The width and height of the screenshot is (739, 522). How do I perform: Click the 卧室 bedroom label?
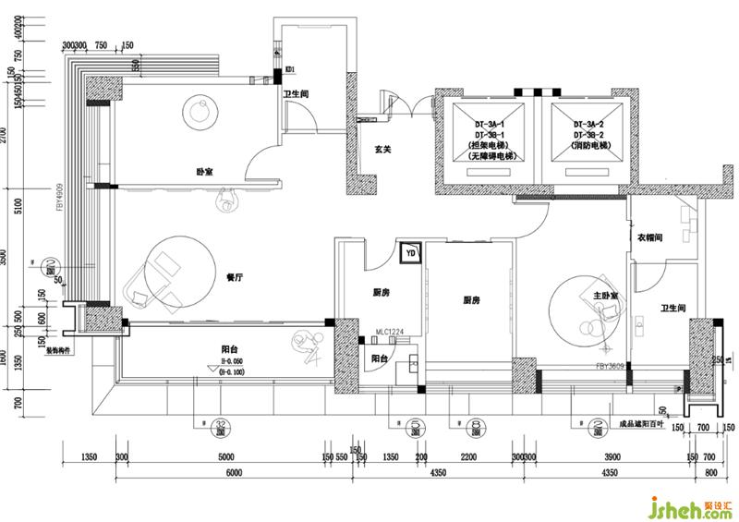tap(205, 172)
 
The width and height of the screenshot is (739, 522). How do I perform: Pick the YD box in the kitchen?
tap(410, 251)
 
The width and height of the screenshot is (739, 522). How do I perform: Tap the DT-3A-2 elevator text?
tap(588, 123)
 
